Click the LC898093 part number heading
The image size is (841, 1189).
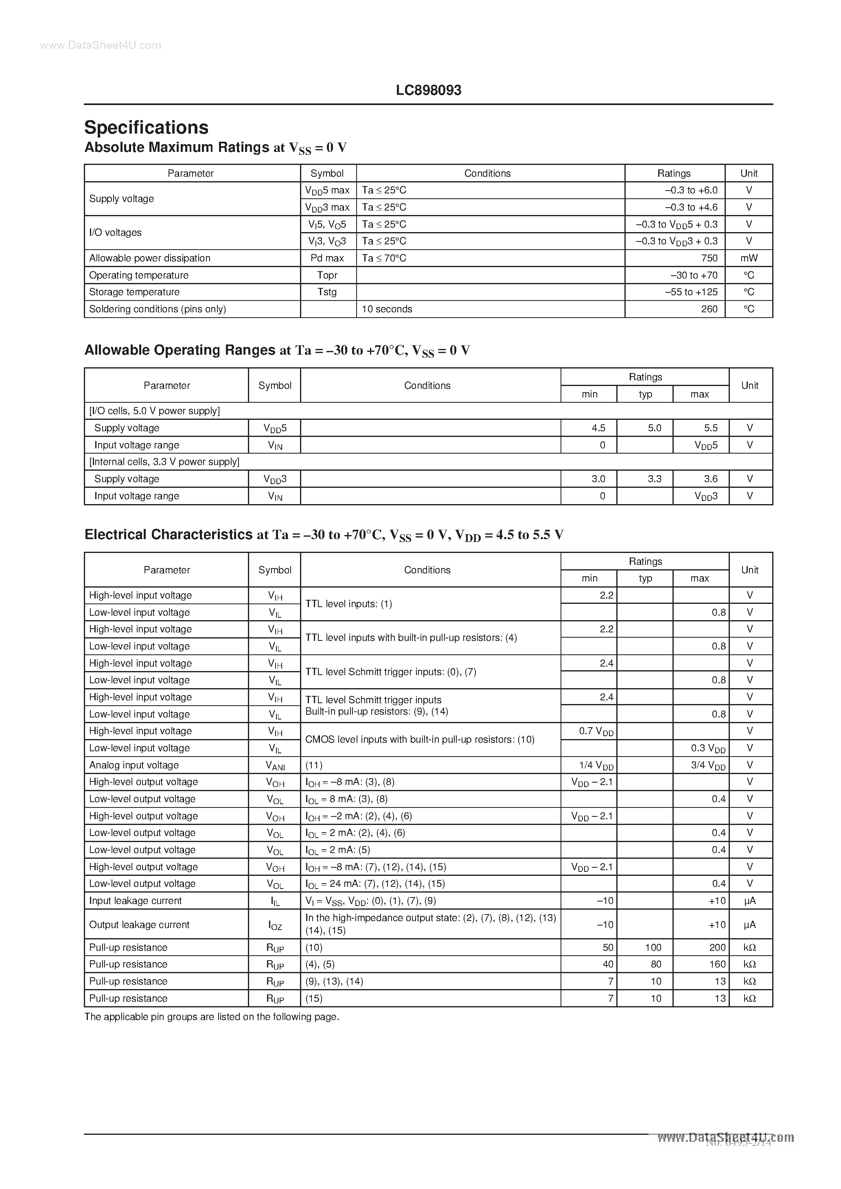[x=428, y=90]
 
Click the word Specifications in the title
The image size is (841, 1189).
[x=146, y=127]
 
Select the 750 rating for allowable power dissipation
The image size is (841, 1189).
[x=709, y=258]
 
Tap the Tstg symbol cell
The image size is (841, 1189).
[x=327, y=292]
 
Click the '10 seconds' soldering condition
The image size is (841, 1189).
[x=387, y=309]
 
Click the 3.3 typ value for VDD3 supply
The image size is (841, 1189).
[x=654, y=479]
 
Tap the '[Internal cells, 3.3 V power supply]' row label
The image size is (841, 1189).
[x=164, y=462]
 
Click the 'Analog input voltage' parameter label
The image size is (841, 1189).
[x=134, y=765]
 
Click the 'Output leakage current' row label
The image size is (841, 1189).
[x=139, y=925]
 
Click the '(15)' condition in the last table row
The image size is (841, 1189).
[x=314, y=998]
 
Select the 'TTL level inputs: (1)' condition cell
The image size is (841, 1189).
[x=348, y=604]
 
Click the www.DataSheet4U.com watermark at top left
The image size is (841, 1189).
[x=101, y=46]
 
